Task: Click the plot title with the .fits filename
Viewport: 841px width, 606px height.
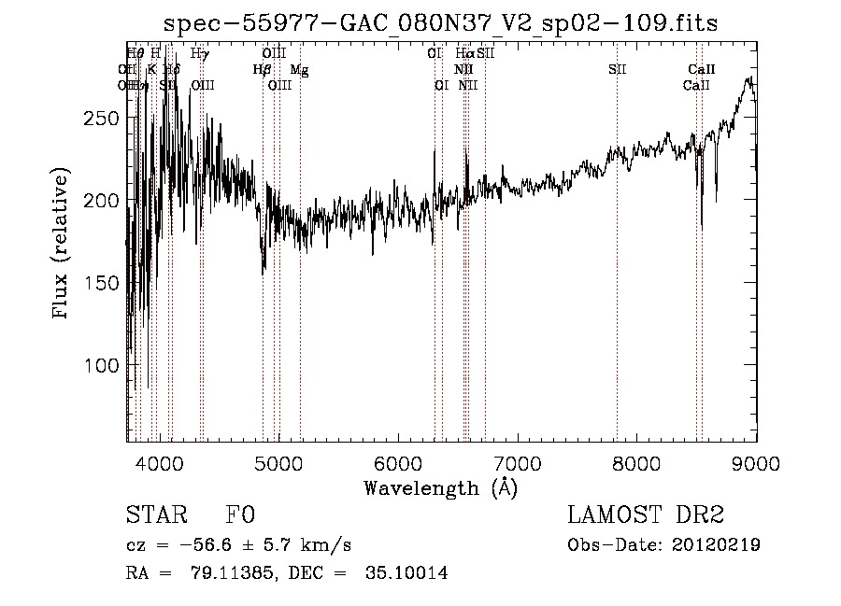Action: (x=440, y=24)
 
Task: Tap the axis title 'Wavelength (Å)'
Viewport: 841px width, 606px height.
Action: (x=440, y=487)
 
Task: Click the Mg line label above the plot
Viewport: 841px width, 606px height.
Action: (x=299, y=70)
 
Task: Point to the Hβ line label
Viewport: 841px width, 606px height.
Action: (x=262, y=69)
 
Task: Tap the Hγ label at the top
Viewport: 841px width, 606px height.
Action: (x=200, y=54)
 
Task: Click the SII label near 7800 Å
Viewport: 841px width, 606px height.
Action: (x=617, y=70)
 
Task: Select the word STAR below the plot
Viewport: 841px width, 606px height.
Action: (x=156, y=516)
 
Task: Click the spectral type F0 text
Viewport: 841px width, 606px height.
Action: (x=240, y=516)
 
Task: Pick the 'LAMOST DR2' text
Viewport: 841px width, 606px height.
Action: (x=646, y=516)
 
